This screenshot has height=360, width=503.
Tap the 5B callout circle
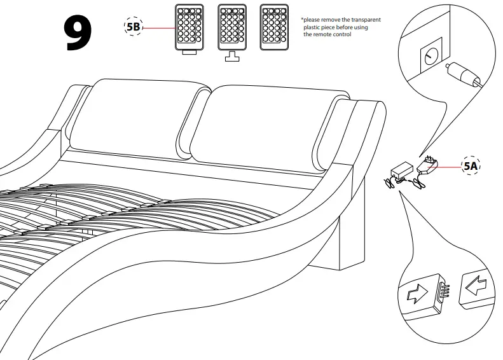pyautogui.click(x=133, y=28)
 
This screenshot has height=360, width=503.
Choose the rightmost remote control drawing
pyautogui.click(x=273, y=28)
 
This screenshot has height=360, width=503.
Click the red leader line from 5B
pyautogui.click(x=159, y=28)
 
